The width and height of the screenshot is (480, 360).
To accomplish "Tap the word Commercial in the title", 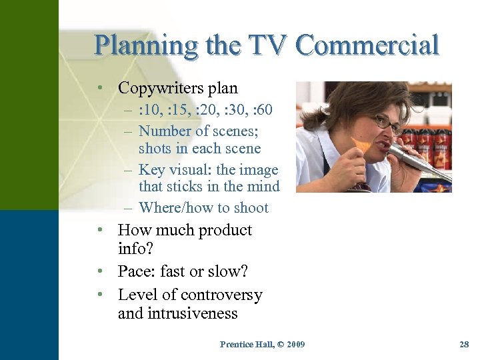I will (368, 45).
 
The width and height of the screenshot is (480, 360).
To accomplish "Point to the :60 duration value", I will (260, 109).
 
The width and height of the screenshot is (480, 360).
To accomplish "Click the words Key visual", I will (175, 170).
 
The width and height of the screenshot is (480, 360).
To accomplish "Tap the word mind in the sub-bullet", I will (264, 187).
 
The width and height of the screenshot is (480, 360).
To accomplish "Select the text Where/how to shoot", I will (203, 208).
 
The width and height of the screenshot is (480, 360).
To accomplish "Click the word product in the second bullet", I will (224, 231).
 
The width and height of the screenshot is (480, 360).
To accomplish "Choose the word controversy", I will (221, 295).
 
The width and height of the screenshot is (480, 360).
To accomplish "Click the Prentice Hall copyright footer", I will (262, 344).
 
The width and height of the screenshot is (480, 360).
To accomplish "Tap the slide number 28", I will (465, 344).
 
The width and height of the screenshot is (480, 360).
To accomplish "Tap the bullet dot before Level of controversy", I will (99, 295).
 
